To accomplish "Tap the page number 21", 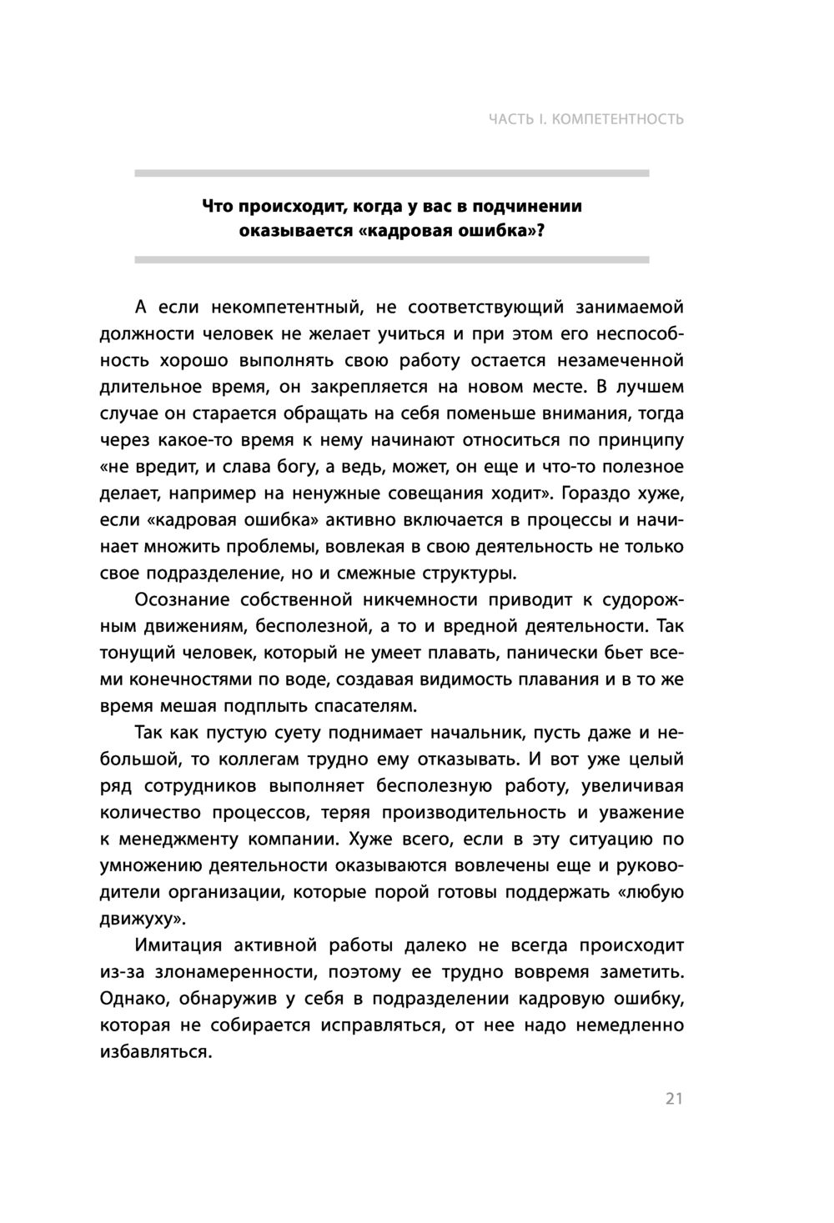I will point(674,1098).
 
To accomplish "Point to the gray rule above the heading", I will point(392,173).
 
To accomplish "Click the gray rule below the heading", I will point(392,260).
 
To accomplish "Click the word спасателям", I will point(364,706).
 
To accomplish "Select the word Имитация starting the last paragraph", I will point(178,946).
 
